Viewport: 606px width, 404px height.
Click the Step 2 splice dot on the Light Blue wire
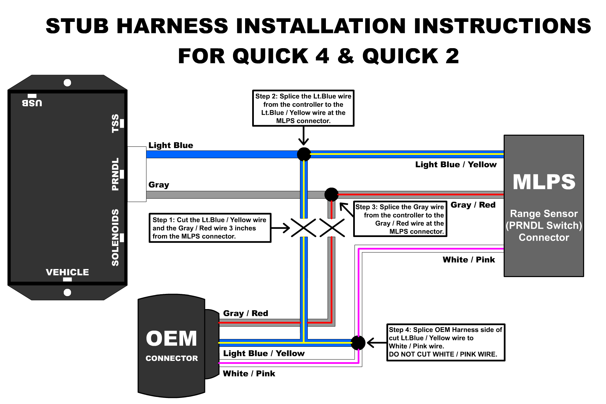(304, 154)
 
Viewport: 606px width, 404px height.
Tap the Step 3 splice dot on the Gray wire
(331, 194)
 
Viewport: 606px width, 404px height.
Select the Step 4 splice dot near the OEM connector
(358, 343)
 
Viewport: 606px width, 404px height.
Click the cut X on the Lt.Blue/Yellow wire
(303, 228)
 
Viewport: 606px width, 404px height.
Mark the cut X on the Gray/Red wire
(332, 228)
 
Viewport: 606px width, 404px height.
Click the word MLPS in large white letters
(544, 182)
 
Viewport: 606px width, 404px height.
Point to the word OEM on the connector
(171, 338)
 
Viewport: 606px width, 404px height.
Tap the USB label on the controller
(32, 103)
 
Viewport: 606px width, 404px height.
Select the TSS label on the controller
(115, 123)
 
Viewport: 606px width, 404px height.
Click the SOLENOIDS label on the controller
(115, 237)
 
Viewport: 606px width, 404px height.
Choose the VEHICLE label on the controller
(67, 272)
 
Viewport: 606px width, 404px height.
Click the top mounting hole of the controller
(67, 83)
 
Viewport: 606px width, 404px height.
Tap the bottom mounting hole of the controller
(67, 292)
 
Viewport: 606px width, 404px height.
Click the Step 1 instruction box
(210, 228)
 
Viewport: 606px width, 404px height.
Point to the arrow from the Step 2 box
(303, 136)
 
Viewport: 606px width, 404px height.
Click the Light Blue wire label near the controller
(171, 145)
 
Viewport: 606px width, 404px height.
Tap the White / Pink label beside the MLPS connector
(469, 260)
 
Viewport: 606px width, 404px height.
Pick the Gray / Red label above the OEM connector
(245, 313)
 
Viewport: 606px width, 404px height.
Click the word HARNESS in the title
(172, 26)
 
